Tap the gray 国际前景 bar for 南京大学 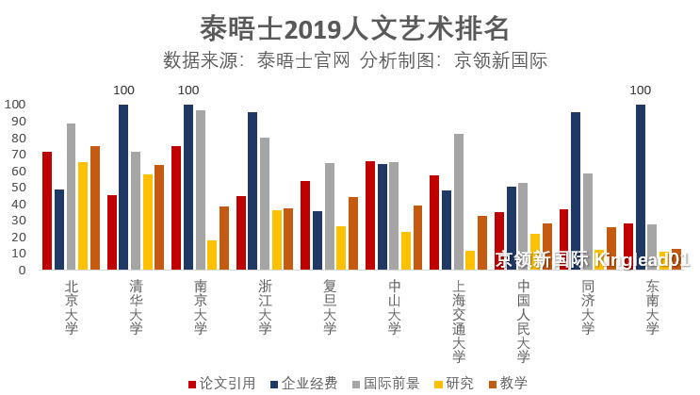point(200,189)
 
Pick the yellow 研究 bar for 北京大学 point(83,216)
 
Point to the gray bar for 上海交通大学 point(459,202)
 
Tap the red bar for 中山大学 point(370,215)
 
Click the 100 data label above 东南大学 point(640,91)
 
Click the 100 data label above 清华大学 point(123,91)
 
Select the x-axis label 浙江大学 point(265,307)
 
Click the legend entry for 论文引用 point(222,383)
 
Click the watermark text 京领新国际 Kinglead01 point(594,258)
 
